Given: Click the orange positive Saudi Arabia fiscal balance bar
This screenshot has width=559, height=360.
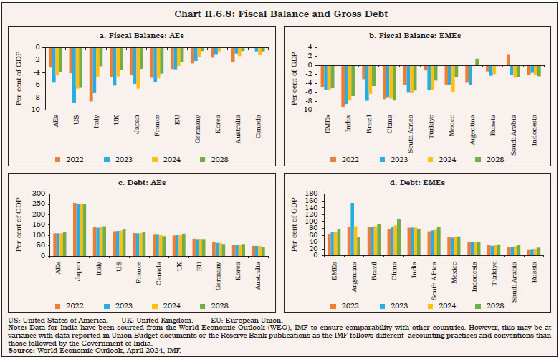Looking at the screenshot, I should coord(508,60).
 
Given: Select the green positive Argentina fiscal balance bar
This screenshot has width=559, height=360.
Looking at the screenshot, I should coord(477,62).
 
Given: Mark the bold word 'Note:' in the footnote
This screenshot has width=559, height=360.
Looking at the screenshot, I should coord(19,327).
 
